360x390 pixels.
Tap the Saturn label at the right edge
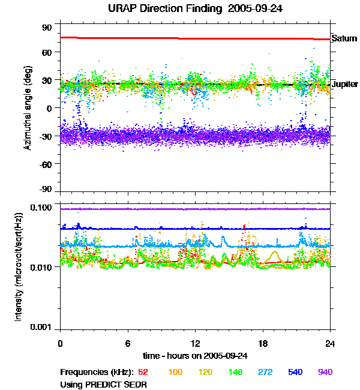click(344, 38)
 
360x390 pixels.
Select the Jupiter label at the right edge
click(344, 85)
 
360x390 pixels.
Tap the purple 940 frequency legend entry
click(325, 373)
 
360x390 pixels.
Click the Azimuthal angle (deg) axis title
click(27, 109)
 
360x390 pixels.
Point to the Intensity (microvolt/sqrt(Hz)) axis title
click(20, 267)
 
